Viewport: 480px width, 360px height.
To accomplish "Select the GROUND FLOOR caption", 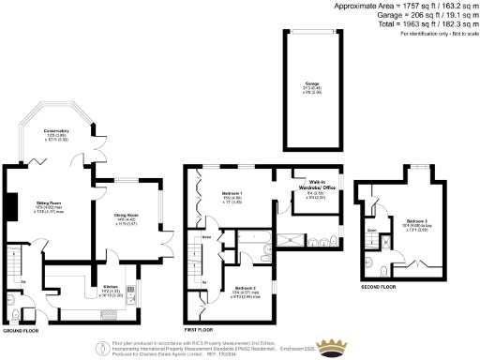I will [x=21, y=331].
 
